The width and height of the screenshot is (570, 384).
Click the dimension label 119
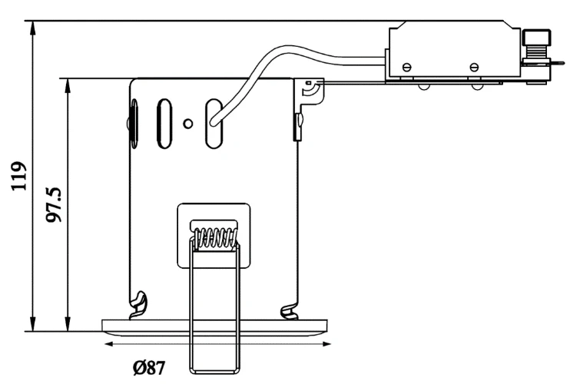pyautogui.click(x=19, y=176)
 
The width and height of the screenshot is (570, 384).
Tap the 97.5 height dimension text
pyautogui.click(x=54, y=204)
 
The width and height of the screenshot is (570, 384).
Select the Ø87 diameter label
pyautogui.click(x=149, y=368)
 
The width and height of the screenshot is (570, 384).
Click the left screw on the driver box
pyautogui.click(x=407, y=67)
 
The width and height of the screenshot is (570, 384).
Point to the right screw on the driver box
pyautogui.click(x=474, y=67)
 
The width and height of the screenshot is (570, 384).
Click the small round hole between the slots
pyautogui.click(x=188, y=124)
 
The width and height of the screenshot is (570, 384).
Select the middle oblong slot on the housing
pyautogui.click(x=164, y=124)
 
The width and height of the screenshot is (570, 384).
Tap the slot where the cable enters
pyautogui.click(x=214, y=124)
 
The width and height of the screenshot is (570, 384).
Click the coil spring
pyautogui.click(x=216, y=238)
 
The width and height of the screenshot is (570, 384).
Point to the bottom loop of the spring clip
pyautogui.click(x=214, y=370)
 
